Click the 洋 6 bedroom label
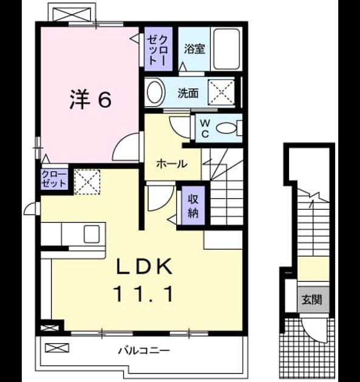point(90,99)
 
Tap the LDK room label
point(144,266)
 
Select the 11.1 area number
point(143,294)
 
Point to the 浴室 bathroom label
point(194,49)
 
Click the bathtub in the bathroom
point(226,49)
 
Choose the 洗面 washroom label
point(188,93)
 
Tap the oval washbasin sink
point(155,93)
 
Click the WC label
point(205,129)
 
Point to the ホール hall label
point(172,164)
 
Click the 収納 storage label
point(193,206)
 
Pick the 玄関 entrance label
point(313,300)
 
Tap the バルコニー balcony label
point(144,351)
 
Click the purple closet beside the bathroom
point(158,49)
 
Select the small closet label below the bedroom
point(54,179)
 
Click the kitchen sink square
point(92,234)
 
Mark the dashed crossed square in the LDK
point(87,182)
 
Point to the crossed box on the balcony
point(57,348)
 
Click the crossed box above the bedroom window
point(72,14)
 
